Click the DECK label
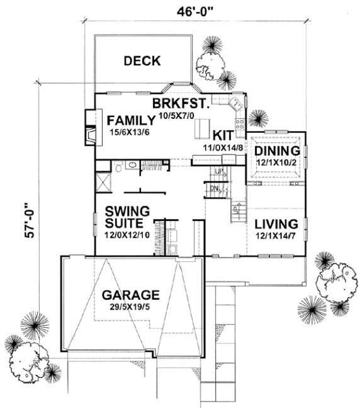point(142,61)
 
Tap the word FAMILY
point(130,120)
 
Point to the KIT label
point(223,135)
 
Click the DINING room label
point(276,152)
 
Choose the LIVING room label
point(276,223)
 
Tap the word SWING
point(127,211)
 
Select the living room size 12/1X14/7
point(276,235)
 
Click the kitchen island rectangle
point(200,129)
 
